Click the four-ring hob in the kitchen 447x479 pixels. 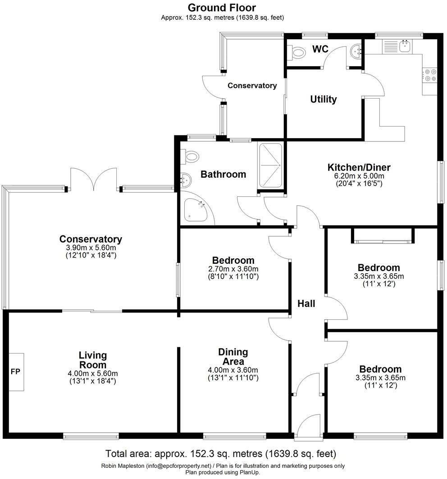(x=429, y=75)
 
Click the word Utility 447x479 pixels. (x=323, y=99)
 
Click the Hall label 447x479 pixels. (x=306, y=303)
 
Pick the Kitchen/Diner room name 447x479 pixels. (x=359, y=167)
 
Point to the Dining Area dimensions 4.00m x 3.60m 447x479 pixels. (x=233, y=370)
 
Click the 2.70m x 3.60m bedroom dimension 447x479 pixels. (x=233, y=269)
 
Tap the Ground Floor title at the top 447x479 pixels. (x=222, y=8)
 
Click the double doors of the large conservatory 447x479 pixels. (x=93, y=179)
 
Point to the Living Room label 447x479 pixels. (x=92, y=360)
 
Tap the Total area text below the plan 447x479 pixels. (x=220, y=453)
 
